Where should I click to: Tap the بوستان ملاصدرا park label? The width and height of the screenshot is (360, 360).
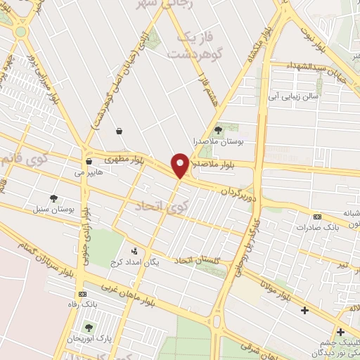point(217,141)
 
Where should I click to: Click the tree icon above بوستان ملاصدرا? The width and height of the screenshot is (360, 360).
point(217,129)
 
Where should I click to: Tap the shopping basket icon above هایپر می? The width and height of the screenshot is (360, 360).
point(88,161)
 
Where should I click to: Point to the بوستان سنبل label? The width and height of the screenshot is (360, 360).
point(54,210)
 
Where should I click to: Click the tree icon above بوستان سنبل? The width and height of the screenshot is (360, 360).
point(54,198)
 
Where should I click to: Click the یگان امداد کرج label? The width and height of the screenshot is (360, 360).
point(136,262)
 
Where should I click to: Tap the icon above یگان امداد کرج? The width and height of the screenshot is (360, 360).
point(135,250)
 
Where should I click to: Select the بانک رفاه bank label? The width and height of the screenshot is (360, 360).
point(83,304)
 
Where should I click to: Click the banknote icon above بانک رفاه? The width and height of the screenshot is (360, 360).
point(83,293)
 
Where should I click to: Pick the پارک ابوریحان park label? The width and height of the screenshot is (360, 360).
point(88,340)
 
